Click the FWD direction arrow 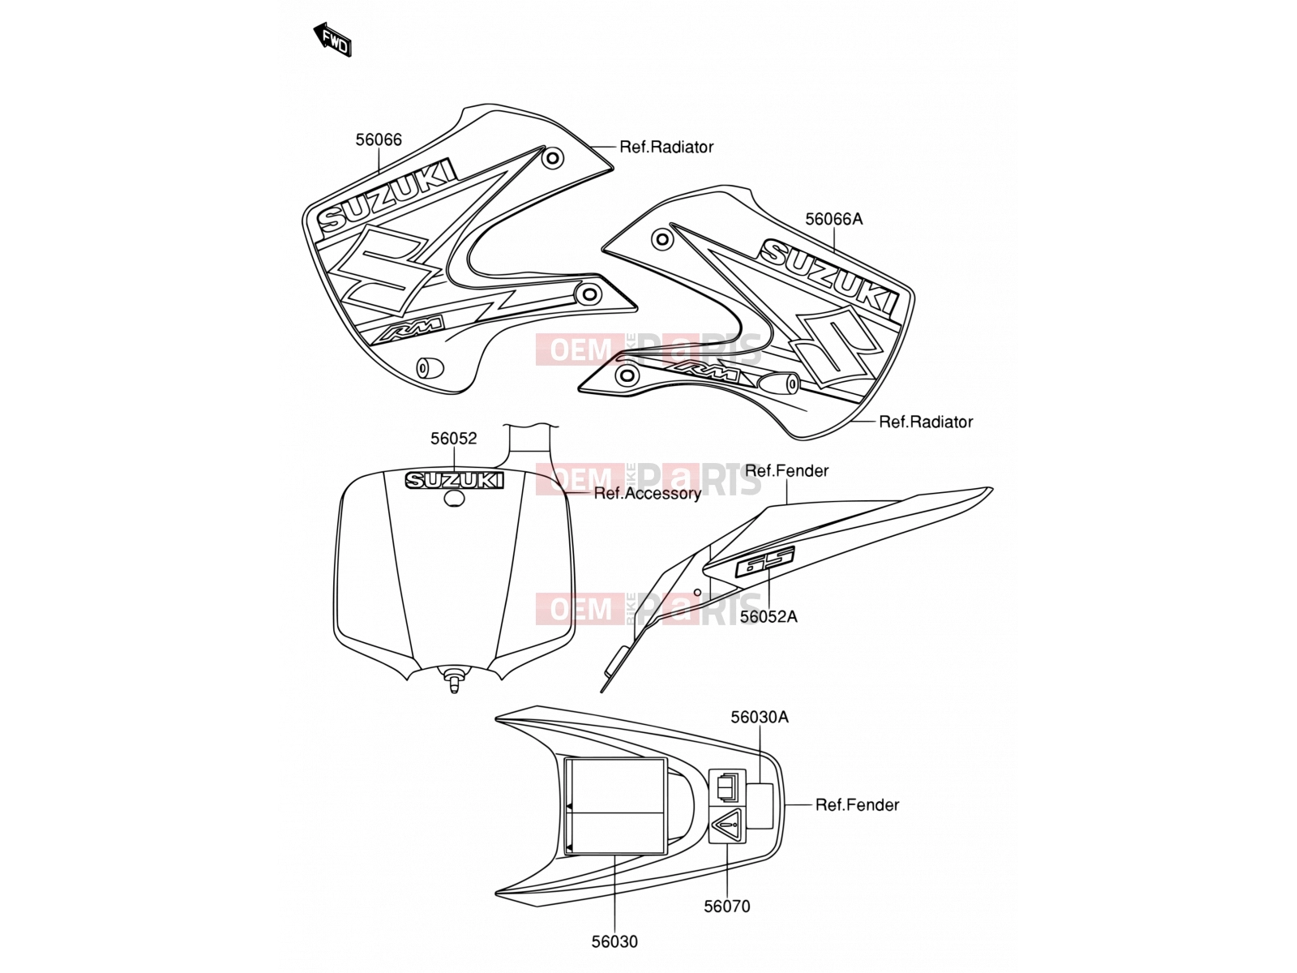coord(332,40)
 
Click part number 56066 coord(379,140)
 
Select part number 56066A coord(833,219)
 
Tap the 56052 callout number coord(453,439)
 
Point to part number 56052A coord(768,616)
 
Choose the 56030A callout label coord(760,717)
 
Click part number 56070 coord(727,906)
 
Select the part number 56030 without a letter coord(614,941)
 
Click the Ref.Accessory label coord(647,493)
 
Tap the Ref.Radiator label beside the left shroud coord(666,147)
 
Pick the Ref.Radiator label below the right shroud coord(926,421)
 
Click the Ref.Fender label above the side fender coord(786,470)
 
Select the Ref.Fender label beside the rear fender coord(857,804)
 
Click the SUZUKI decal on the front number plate coord(455,480)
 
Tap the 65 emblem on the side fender coord(764,562)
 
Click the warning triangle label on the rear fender coord(727,823)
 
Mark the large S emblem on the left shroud coord(381,270)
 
